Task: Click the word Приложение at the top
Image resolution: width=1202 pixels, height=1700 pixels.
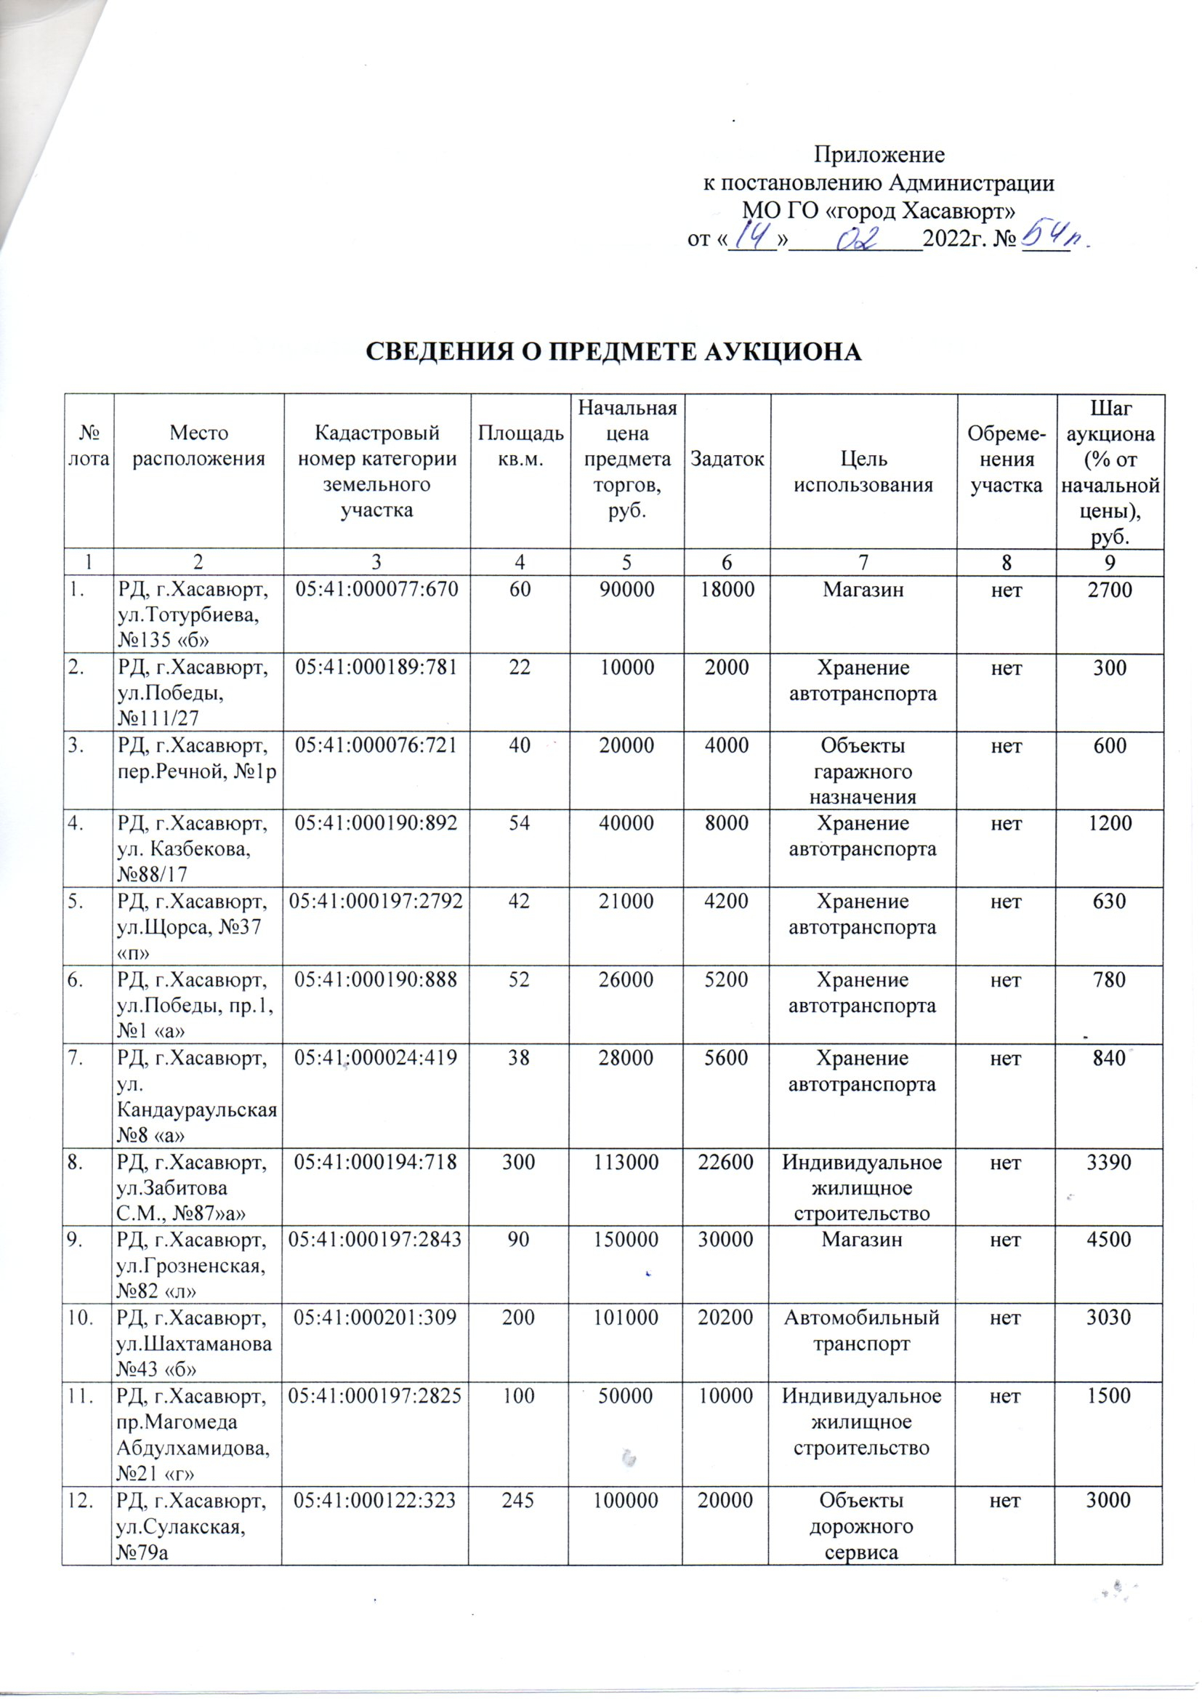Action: [879, 156]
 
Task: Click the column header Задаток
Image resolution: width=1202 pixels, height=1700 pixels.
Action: [727, 459]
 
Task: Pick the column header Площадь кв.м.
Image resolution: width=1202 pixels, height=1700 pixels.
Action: [520, 446]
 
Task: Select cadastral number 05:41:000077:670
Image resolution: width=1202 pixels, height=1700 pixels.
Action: [376, 590]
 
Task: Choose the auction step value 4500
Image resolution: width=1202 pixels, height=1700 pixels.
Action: [1109, 1240]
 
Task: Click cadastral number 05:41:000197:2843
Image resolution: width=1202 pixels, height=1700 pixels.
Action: [376, 1240]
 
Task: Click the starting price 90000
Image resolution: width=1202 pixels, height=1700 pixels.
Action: [626, 590]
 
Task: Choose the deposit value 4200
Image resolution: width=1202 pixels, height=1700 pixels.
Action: [727, 902]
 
